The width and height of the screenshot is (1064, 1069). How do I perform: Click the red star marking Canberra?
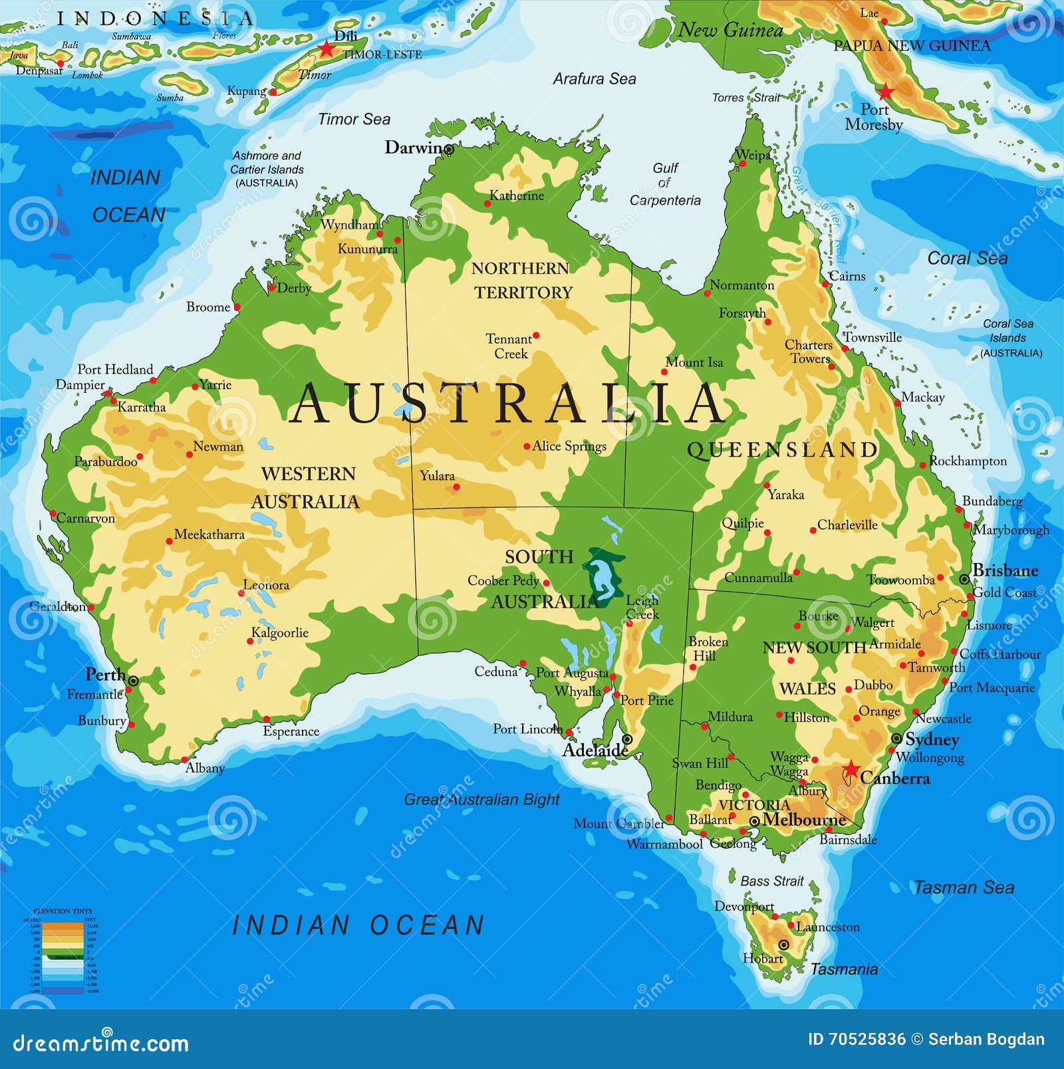coord(851,770)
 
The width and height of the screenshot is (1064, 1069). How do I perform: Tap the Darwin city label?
coord(415,148)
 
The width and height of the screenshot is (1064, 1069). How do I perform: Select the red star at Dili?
coord(326,49)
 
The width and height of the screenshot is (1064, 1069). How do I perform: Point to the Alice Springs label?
coord(569,446)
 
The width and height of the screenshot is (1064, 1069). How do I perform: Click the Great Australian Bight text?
coord(481,799)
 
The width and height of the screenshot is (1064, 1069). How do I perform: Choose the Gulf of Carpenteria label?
coord(665,184)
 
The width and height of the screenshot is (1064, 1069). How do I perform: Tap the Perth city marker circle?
coord(133,681)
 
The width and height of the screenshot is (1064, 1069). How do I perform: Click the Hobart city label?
coord(763,959)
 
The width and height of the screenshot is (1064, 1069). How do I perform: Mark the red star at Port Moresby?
coord(885,91)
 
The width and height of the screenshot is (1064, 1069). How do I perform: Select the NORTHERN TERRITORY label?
coord(522,280)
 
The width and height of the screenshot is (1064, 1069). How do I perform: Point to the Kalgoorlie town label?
coord(279,632)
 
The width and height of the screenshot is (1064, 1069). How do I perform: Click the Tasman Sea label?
coord(964,888)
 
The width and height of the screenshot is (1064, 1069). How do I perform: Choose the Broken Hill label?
coord(708,648)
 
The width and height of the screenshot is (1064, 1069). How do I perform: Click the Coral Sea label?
coord(967,258)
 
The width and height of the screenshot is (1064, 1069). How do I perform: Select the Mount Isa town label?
coord(694,362)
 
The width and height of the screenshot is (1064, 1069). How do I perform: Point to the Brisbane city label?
coord(1005,570)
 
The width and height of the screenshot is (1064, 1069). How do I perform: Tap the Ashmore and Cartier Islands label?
coord(267,169)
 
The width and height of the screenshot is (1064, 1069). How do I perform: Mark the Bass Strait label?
coord(771,881)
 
